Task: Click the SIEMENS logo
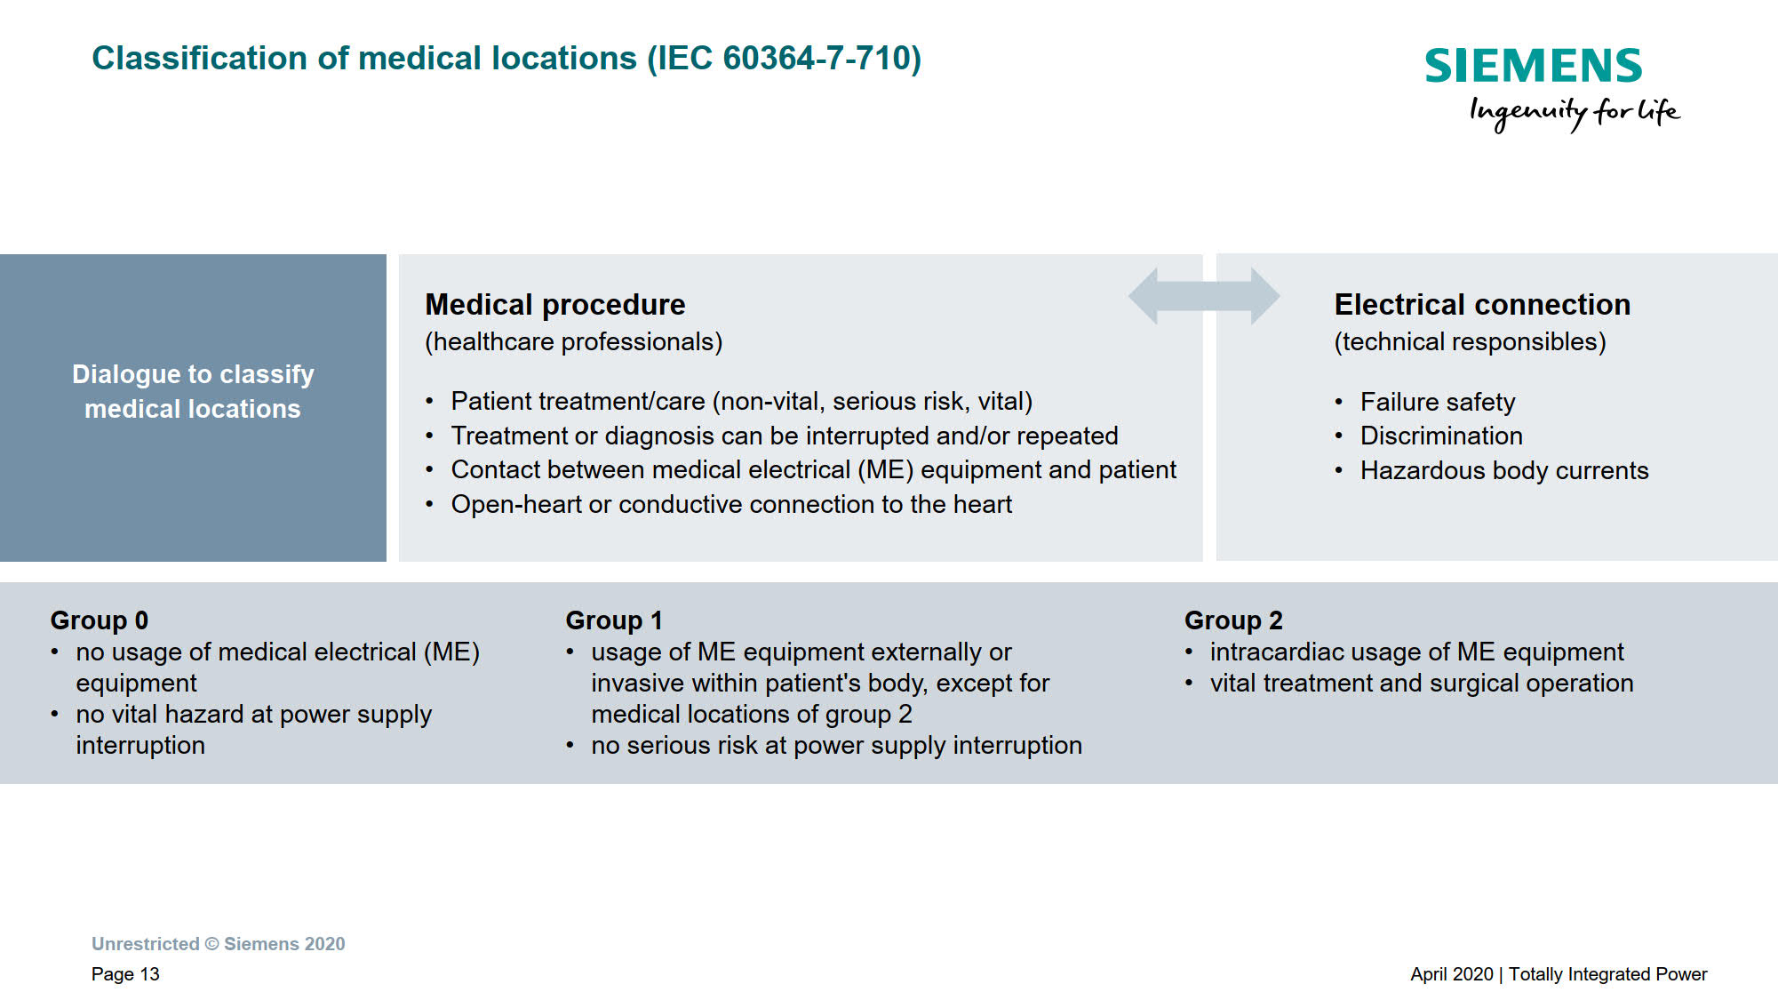coord(1534,66)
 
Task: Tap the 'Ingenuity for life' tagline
coord(1575,113)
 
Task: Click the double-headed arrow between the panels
coord(1204,296)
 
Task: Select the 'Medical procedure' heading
coord(555,305)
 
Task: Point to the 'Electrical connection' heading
coord(1482,305)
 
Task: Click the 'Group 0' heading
coord(100,620)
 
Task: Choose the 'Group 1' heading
coord(614,620)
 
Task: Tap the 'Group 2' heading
coord(1233,620)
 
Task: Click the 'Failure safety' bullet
coord(1438,403)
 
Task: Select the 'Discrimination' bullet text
coord(1441,436)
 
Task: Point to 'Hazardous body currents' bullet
coord(1504,471)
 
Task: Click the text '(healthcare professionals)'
coord(574,342)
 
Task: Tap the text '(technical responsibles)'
coord(1471,342)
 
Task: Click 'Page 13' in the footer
coord(125,974)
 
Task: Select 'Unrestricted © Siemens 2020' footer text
coord(219,944)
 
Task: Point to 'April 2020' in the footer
coord(1452,974)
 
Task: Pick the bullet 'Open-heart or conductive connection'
coord(731,505)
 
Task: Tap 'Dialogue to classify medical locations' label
coord(193,391)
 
